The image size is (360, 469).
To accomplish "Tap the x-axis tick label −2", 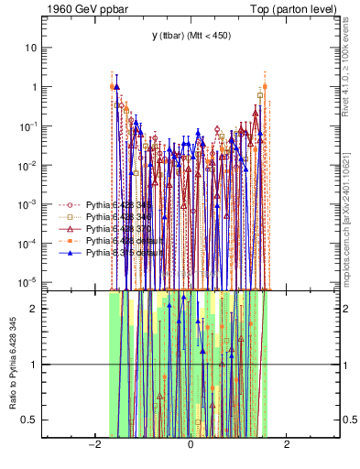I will pyautogui.click(x=93, y=445).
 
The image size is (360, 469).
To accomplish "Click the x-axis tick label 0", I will pyautogui.click(x=191, y=445).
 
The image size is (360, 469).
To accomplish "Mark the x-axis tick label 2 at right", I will pyautogui.click(x=287, y=445).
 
